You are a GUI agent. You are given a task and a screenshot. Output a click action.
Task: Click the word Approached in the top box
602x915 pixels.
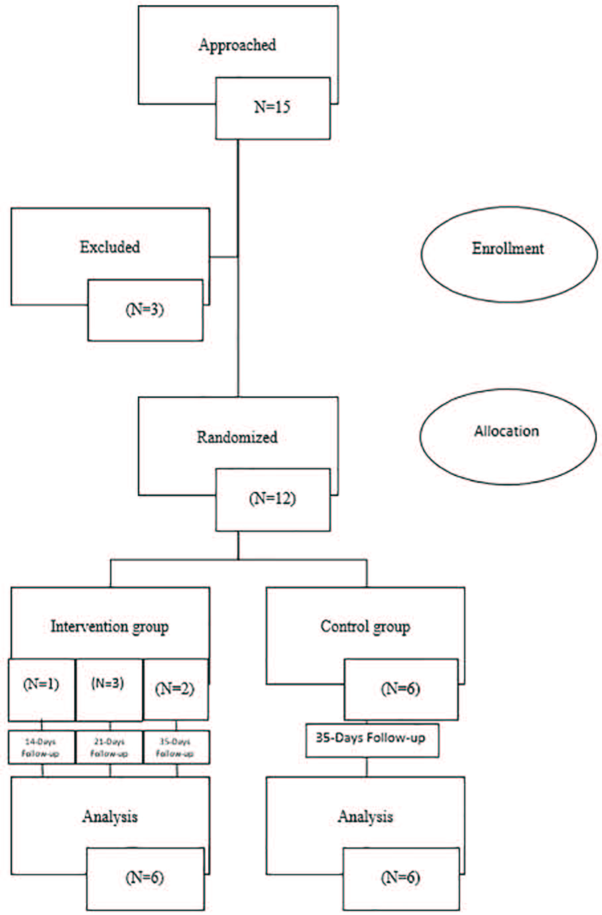point(237,45)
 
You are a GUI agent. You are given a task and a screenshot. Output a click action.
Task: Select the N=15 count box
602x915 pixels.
point(272,107)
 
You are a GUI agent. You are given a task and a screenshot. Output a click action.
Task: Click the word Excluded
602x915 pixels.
point(110,247)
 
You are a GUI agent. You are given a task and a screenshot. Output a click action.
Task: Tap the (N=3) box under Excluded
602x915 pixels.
point(145,310)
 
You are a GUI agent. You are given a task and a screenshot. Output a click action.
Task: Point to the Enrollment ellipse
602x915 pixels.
point(508,249)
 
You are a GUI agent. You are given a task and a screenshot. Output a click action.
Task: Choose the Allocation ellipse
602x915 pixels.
point(507,432)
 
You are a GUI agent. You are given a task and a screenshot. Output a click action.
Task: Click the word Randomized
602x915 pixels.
point(237,438)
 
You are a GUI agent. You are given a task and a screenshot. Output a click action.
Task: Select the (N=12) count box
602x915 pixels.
point(272,499)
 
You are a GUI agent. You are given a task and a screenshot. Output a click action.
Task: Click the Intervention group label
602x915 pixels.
point(109,627)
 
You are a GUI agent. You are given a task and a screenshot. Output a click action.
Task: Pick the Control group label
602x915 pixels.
point(365,627)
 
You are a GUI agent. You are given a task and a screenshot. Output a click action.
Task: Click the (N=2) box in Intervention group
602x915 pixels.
point(175,689)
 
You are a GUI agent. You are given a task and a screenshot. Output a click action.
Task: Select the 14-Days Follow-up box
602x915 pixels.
point(41,747)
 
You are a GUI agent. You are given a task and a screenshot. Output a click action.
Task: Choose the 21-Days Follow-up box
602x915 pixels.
point(109,747)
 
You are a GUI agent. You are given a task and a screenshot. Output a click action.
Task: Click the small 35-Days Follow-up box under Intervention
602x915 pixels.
point(176,747)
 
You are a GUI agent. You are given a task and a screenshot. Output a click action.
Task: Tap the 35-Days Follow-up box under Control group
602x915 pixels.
point(371,739)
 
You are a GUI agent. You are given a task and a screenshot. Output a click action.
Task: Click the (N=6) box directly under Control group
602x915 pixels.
point(400,689)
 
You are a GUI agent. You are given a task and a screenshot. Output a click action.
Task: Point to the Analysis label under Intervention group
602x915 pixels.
point(110,817)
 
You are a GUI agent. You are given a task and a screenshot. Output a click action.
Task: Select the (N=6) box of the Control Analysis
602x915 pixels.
point(400,879)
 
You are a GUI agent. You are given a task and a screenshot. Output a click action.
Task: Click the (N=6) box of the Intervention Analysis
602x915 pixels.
point(145,879)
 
